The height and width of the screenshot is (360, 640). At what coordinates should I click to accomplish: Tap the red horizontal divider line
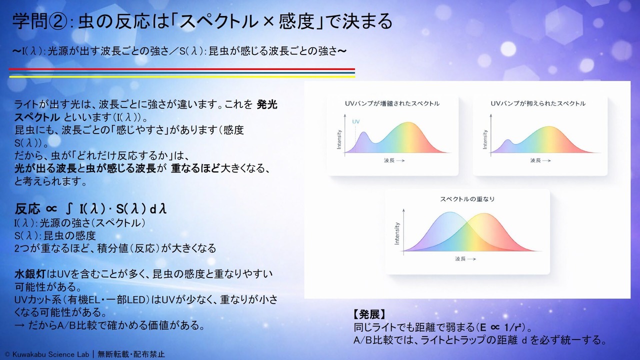coord(181,69)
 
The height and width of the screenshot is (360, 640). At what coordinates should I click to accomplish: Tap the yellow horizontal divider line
coord(181,76)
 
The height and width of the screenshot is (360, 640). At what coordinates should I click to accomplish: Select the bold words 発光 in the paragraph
coord(267,104)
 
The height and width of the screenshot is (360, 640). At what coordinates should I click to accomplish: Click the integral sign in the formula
coord(68,209)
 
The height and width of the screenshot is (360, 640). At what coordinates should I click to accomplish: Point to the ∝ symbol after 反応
coord(51,209)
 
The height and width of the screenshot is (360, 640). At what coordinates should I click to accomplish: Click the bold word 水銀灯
coord(30,274)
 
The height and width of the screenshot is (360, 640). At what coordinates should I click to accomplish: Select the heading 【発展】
coord(369,314)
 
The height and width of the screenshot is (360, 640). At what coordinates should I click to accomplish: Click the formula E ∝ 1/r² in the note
coord(502,327)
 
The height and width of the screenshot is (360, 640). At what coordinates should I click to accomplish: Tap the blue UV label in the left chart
coord(355,121)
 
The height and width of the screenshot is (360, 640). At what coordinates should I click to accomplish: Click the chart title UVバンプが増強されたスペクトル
coord(392,103)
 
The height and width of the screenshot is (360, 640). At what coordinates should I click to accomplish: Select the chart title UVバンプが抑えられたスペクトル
coord(538,103)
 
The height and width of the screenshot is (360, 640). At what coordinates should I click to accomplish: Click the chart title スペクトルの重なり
coord(467,199)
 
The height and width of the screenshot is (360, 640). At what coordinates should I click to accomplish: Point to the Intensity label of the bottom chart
coord(397,233)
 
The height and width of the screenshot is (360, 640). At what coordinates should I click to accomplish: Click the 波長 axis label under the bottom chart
coord(460,259)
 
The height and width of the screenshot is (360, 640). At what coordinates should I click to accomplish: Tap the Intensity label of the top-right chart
coord(485,139)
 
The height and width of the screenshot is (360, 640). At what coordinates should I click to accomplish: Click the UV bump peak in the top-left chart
coord(363,132)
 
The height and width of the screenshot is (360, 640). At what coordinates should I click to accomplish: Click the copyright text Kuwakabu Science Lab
coord(51,354)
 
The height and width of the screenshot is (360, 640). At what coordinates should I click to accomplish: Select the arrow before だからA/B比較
coord(19,325)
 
